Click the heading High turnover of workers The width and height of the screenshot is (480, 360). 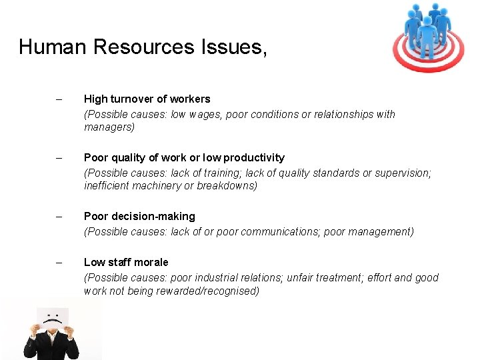147,99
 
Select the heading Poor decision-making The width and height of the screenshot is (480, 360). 139,216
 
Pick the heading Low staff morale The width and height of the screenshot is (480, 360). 126,262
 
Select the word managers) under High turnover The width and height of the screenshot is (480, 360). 109,127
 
